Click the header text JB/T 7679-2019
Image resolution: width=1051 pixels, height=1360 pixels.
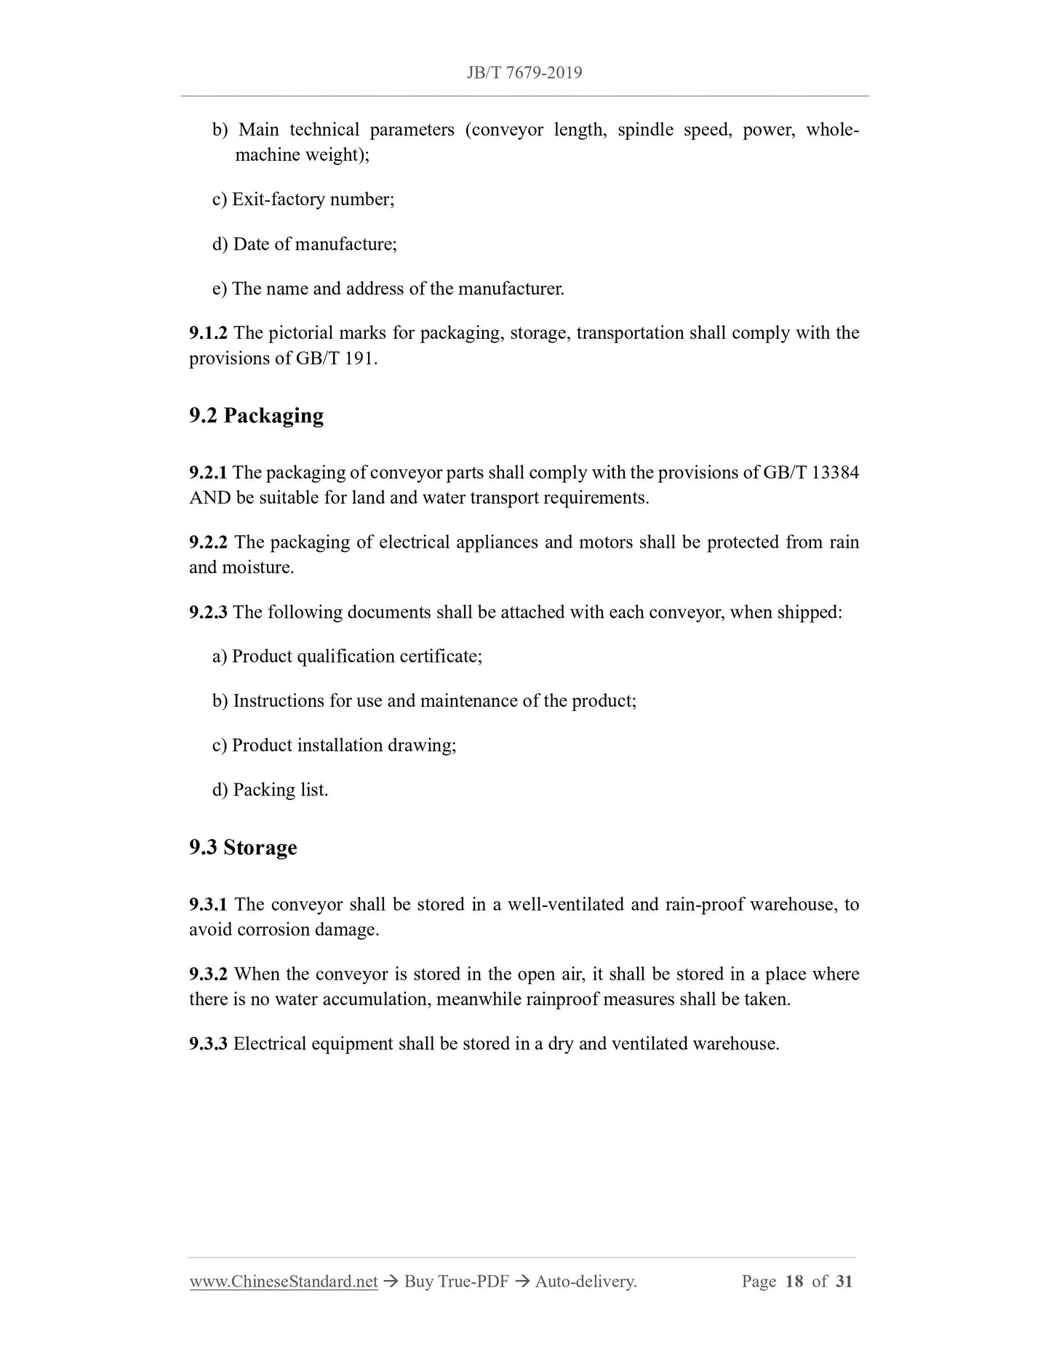[524, 73]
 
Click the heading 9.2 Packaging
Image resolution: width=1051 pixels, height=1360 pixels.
[256, 415]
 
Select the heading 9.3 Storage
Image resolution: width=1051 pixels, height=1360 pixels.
[243, 847]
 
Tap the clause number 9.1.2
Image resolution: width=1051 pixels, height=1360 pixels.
[208, 333]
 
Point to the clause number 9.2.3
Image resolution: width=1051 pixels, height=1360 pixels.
[208, 612]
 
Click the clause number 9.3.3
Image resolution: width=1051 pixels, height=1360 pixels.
[208, 1044]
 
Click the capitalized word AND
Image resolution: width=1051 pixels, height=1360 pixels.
[209, 498]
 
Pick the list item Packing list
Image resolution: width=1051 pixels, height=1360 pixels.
[280, 790]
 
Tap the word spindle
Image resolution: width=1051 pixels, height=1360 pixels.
[645, 130]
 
